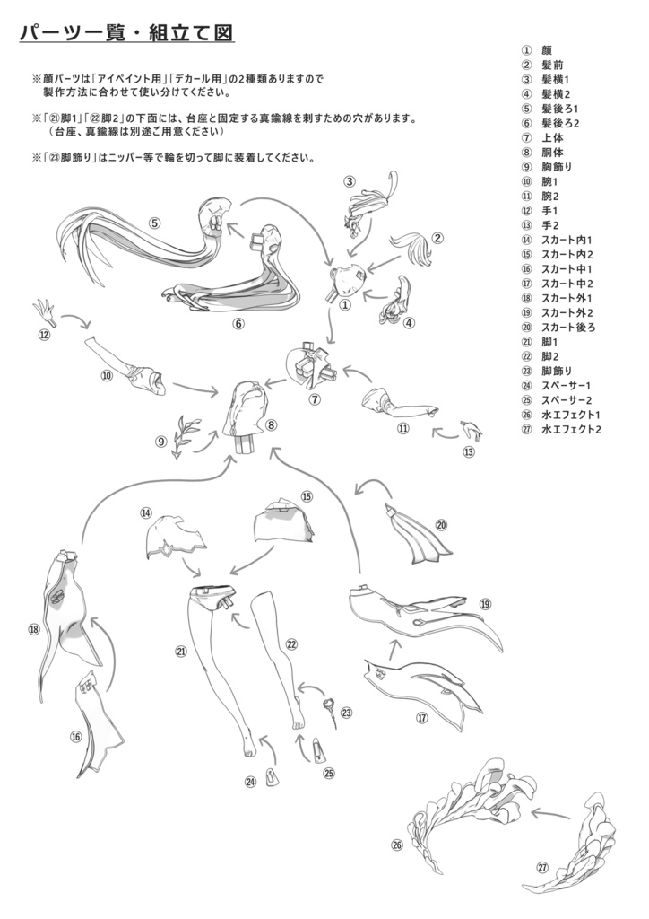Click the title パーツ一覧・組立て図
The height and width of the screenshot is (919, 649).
[x=126, y=33]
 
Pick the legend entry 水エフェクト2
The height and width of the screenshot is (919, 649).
[x=570, y=430]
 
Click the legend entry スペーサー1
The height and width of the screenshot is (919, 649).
[x=567, y=386]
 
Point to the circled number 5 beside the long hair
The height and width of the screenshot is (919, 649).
[x=155, y=223]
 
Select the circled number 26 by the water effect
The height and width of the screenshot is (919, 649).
[x=396, y=845]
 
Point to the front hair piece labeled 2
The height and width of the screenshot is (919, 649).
[x=416, y=248]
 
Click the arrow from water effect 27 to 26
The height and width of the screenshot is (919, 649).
[x=549, y=814]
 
